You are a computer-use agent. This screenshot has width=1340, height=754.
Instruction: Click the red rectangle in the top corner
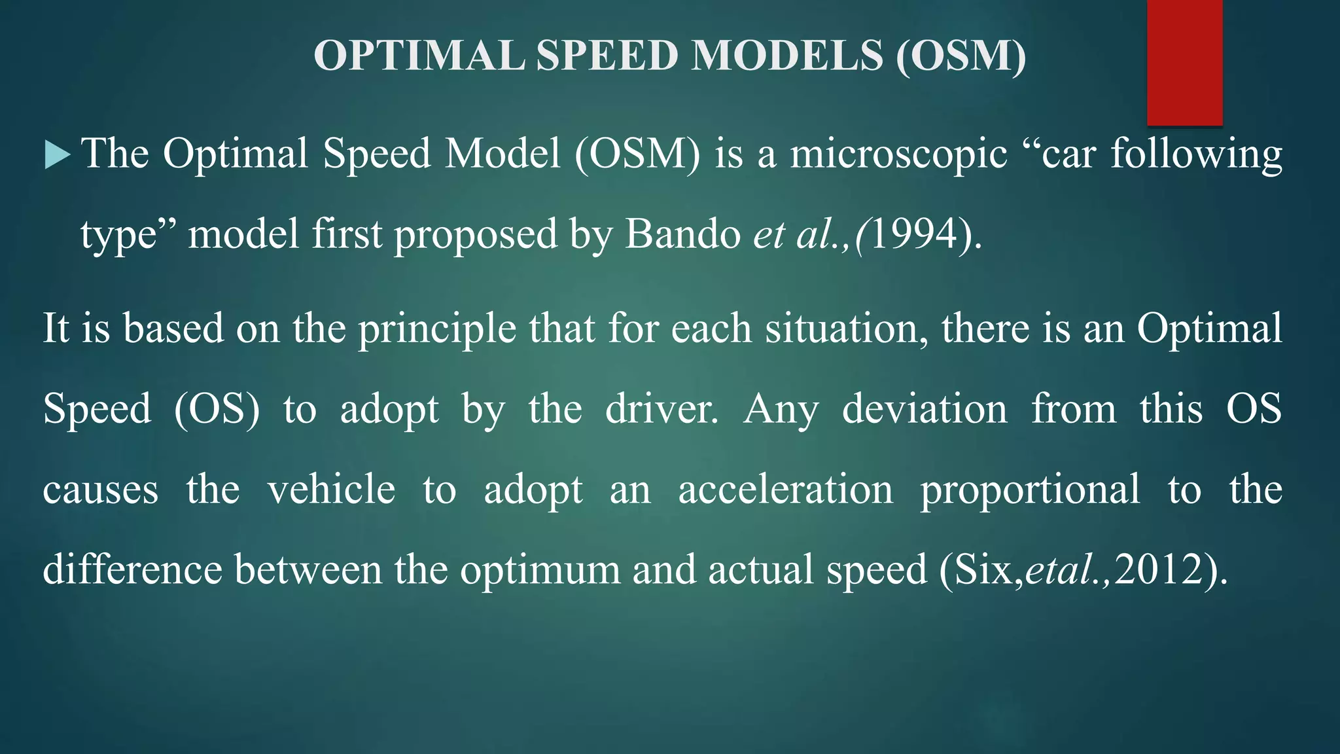(1184, 62)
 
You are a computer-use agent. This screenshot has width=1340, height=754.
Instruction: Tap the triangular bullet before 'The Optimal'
(57, 156)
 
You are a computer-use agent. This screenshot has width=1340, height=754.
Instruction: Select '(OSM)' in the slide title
(961, 56)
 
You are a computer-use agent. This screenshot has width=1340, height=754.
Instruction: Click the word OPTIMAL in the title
(419, 56)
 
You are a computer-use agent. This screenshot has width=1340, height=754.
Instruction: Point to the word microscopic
(898, 154)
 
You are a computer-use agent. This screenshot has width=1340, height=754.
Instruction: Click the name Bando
(682, 234)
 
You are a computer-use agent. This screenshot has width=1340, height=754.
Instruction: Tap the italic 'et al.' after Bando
(800, 234)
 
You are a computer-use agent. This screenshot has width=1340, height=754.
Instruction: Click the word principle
(437, 329)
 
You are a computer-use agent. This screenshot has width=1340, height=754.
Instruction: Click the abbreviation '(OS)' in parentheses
(217, 410)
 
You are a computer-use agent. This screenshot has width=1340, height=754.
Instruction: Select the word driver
(661, 410)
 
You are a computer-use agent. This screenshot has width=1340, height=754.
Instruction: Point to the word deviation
(924, 410)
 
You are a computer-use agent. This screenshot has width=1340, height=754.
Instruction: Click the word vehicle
(331, 490)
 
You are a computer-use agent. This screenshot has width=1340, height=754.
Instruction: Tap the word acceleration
(785, 490)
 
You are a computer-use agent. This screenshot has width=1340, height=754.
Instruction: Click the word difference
(132, 569)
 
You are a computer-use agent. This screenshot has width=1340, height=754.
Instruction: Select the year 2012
(1158, 569)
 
